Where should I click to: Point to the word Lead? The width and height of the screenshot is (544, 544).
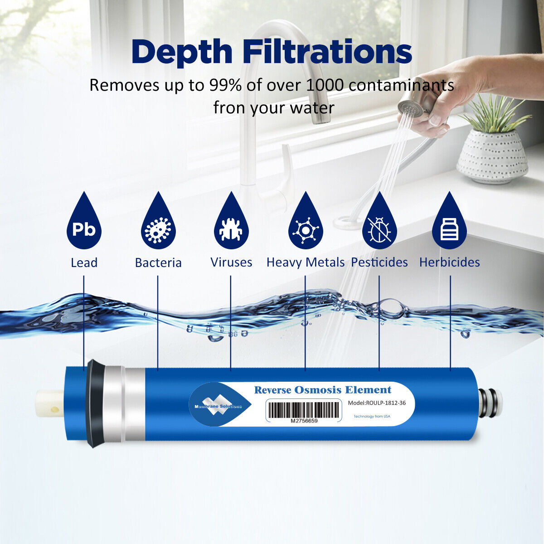tap(84, 262)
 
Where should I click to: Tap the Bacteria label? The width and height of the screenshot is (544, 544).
tap(158, 262)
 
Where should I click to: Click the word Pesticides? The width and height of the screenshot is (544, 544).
tap(379, 262)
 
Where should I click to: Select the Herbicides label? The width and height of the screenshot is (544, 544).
tap(449, 262)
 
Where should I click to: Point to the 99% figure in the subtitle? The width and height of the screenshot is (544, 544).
tap(225, 85)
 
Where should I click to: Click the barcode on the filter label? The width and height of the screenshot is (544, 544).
tap(303, 410)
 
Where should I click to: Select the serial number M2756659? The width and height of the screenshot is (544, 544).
tap(304, 421)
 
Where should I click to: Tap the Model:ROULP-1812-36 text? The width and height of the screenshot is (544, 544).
tap(377, 403)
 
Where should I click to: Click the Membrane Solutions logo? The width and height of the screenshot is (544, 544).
tap(219, 404)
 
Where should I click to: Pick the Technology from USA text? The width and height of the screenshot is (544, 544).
tap(372, 417)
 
